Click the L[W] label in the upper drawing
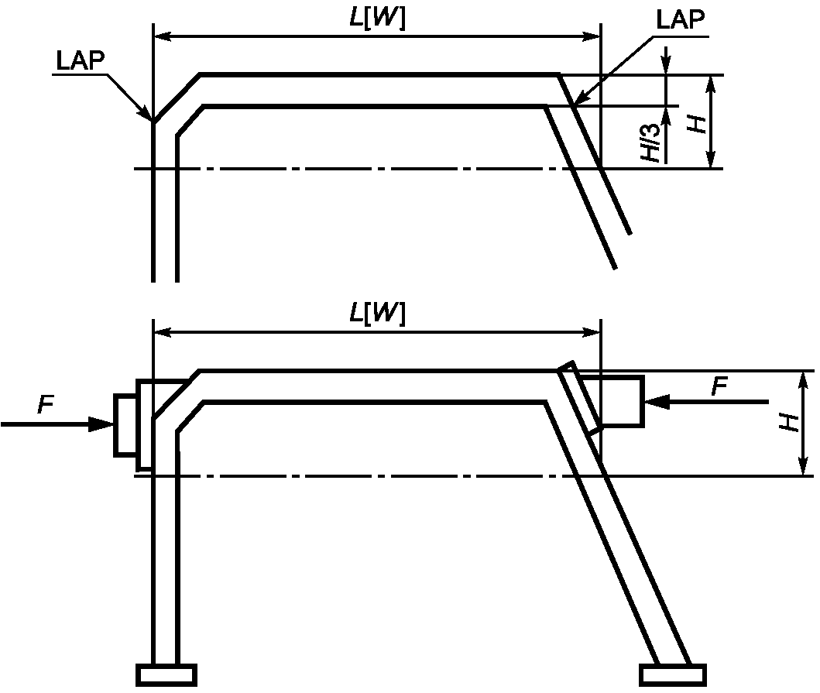(x=377, y=19)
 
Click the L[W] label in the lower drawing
(x=377, y=314)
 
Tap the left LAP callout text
(x=81, y=60)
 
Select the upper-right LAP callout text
(x=681, y=19)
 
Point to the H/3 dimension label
(x=651, y=142)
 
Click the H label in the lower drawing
(x=789, y=422)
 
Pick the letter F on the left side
(x=46, y=405)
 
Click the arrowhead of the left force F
(x=101, y=424)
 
